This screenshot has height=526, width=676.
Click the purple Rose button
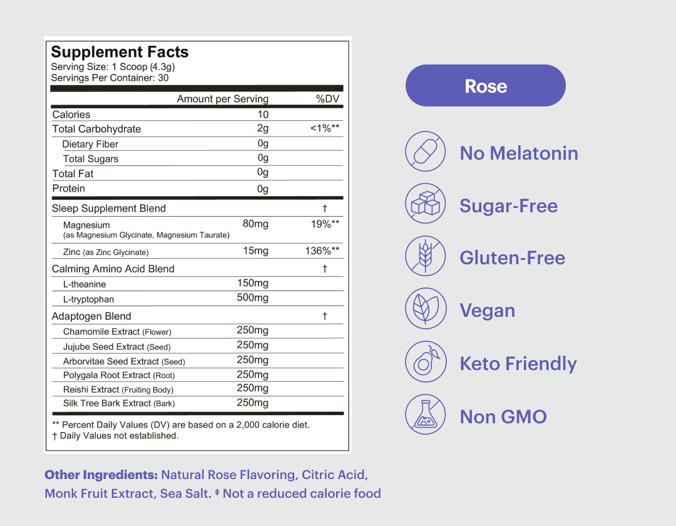[x=486, y=86]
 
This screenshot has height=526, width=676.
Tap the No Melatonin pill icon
[x=426, y=152]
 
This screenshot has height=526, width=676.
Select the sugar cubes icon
[x=426, y=204]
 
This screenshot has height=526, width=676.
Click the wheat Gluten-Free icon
[x=426, y=257]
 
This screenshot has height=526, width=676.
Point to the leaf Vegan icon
[x=426, y=309]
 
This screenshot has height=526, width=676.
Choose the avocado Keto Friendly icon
[x=426, y=362]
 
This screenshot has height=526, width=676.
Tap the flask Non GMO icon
[x=426, y=415]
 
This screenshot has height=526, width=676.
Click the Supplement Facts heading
[x=120, y=52]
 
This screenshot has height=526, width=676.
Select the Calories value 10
[x=263, y=114]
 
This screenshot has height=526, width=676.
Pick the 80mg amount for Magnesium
[x=255, y=224]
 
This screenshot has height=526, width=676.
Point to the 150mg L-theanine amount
[x=252, y=283]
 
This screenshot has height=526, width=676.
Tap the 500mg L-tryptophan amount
[x=252, y=297]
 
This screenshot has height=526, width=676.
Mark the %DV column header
[x=327, y=99]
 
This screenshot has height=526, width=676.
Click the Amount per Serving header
[x=222, y=99]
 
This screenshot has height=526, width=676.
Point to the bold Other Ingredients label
[x=101, y=475]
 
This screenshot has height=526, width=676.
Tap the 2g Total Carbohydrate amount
[x=263, y=128]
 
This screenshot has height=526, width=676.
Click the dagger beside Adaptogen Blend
[x=325, y=316]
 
